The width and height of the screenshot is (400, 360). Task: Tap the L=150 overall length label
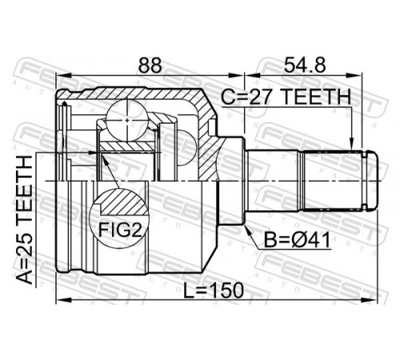[x=214, y=290]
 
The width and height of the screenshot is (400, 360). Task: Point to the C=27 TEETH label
[x=286, y=97]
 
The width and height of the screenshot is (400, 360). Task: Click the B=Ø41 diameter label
[x=297, y=239]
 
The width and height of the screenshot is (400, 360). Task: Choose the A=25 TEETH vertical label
[x=25, y=220]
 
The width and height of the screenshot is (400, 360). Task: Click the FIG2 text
[x=119, y=230]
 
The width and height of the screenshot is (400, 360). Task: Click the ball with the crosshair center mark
[x=127, y=120]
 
